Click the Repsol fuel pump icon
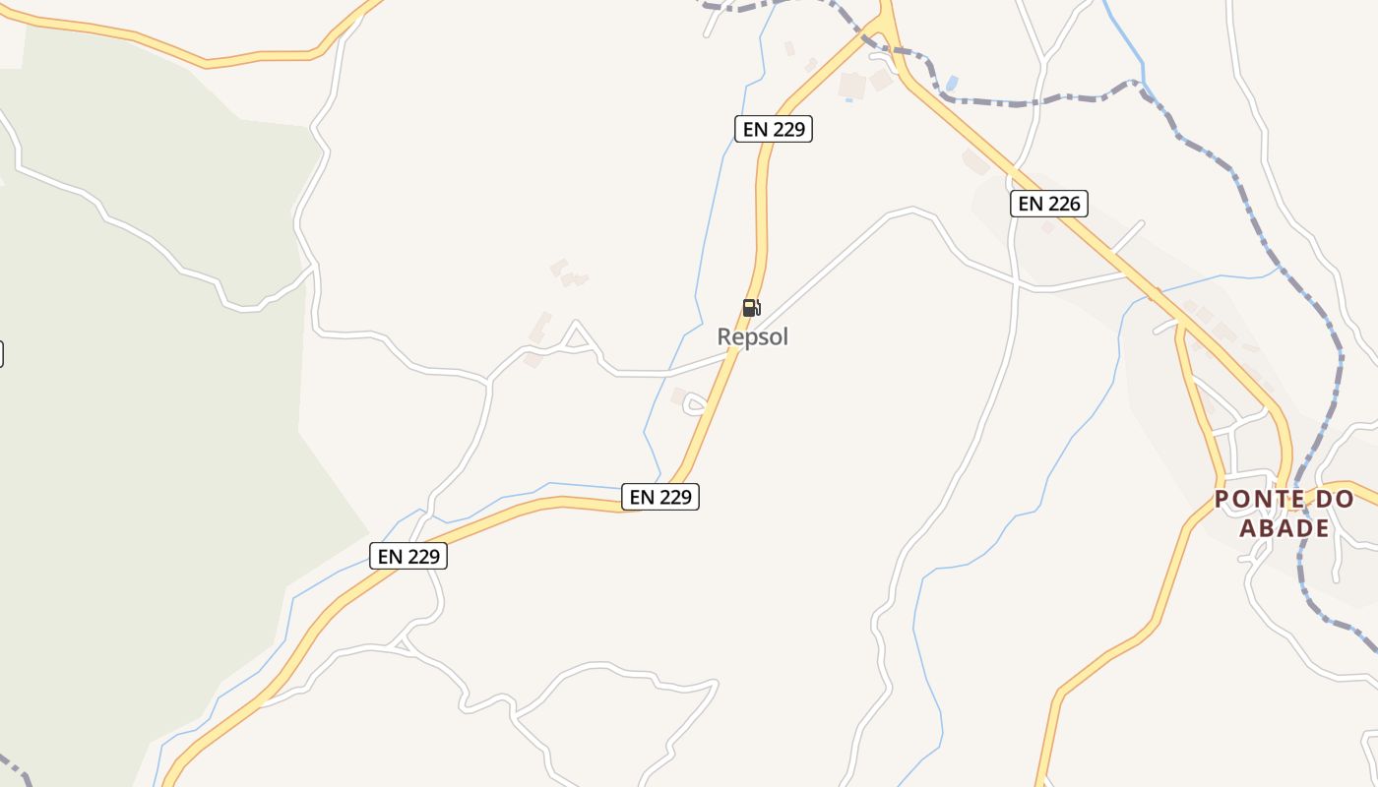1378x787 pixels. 751,308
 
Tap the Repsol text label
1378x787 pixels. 753,337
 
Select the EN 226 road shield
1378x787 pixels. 1049,204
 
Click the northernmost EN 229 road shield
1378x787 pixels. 774,129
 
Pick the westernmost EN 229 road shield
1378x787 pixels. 408,556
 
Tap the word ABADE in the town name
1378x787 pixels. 1284,528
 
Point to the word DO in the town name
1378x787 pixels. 1336,500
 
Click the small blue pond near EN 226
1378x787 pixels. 951,84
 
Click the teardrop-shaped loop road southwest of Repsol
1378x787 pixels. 695,404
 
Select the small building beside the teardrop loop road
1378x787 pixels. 678,395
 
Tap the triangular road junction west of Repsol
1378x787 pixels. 578,339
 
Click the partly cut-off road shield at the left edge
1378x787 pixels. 1,354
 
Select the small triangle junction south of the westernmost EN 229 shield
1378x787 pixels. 401,644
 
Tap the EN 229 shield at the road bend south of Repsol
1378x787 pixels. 660,497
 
